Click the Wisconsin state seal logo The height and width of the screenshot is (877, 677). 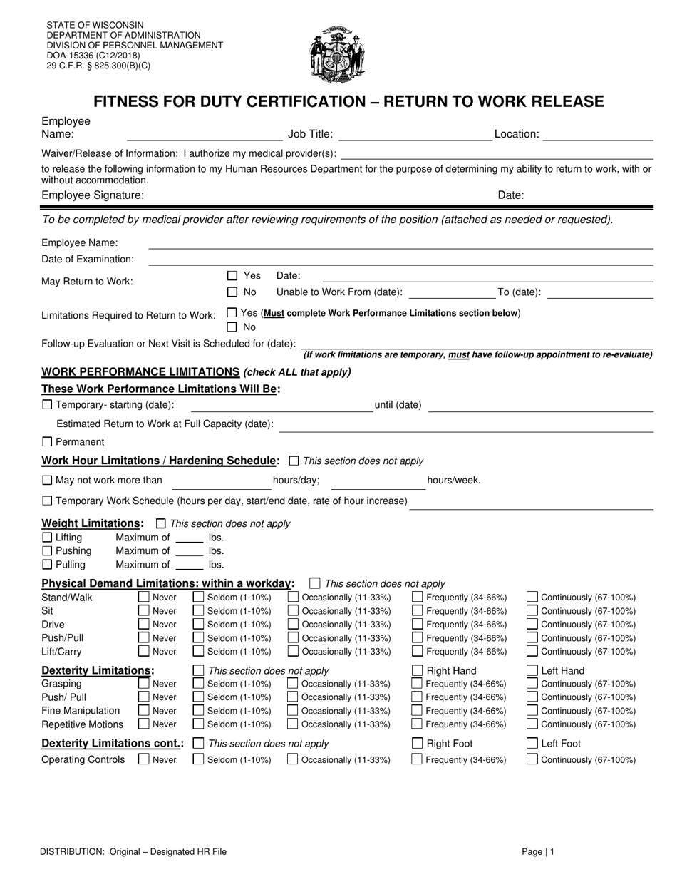coord(338,54)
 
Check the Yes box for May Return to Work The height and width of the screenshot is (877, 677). coord(232,275)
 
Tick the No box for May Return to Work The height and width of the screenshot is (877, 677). coord(232,292)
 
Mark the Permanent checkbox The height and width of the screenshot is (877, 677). coord(47,442)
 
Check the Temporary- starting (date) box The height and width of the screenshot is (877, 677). coord(47,405)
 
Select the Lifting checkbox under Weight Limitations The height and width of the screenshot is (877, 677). coord(47,538)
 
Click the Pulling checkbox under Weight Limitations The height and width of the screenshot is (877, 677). coord(47,565)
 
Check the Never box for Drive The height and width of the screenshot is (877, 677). coord(143,625)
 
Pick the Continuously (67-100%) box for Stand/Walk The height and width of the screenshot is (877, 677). coord(532,598)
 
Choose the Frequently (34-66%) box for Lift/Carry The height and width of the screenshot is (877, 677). coord(417,652)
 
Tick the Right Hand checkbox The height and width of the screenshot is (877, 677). coord(417,670)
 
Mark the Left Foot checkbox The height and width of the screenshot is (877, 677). coord(532,743)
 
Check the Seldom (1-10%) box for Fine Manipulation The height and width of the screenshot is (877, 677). coord(199,711)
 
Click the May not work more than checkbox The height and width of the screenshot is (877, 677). coord(47,480)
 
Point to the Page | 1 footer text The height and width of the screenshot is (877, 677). coord(537,851)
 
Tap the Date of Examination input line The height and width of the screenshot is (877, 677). coord(399,260)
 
